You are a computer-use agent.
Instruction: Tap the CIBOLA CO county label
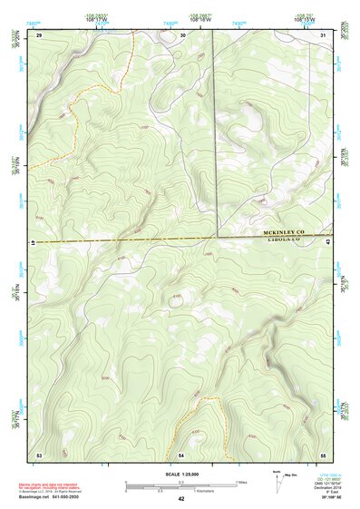pos(284,242)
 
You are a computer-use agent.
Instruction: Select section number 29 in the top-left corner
pos(39,34)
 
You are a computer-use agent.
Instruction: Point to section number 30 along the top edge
pos(182,34)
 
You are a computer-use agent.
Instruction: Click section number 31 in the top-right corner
pos(324,34)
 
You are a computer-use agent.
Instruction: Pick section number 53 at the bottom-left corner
pos(39,453)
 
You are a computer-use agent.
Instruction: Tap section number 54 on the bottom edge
pos(181,453)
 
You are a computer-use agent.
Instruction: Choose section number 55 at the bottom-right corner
pos(324,453)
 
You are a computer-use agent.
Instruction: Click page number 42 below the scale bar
pos(181,499)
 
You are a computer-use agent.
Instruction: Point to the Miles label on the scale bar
pos(240,482)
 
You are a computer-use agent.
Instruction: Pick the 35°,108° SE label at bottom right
pos(325,499)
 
